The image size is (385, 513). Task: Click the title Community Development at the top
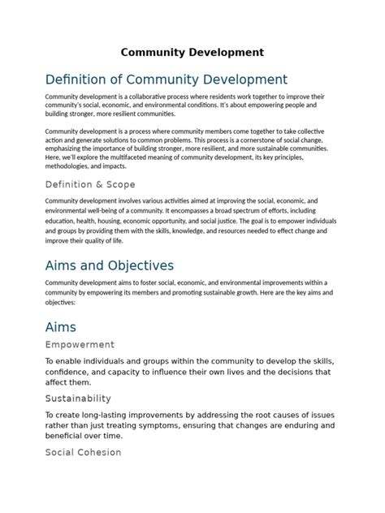coord(192,53)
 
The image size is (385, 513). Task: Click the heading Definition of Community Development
coord(167,80)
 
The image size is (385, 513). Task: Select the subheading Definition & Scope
coord(90,184)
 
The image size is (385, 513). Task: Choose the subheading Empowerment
coord(80,344)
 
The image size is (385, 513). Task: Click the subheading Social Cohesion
coord(83,452)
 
